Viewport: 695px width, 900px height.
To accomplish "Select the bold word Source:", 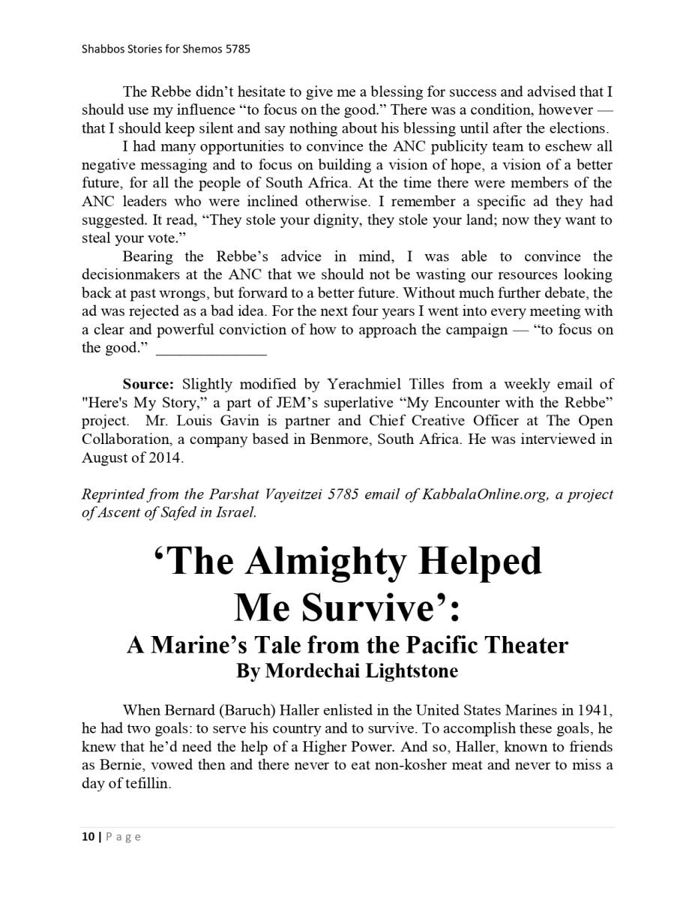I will tap(148, 385).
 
